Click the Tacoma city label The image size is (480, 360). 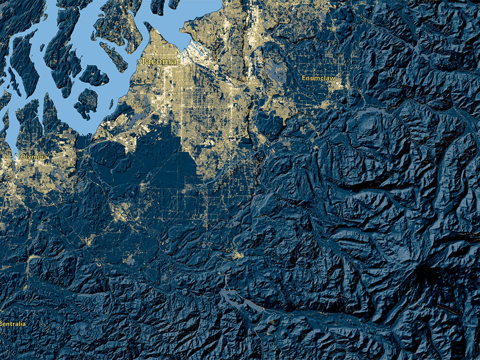click(158, 61)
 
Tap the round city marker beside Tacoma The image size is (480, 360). click(178, 56)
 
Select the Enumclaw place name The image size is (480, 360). click(318, 78)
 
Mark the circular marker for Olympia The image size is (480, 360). click(18, 157)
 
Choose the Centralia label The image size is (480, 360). click(13, 324)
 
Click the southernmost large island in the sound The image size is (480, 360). click(85, 102)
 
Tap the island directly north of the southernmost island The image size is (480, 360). click(94, 75)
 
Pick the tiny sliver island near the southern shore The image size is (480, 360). click(111, 104)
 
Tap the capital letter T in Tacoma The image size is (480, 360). click(143, 61)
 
